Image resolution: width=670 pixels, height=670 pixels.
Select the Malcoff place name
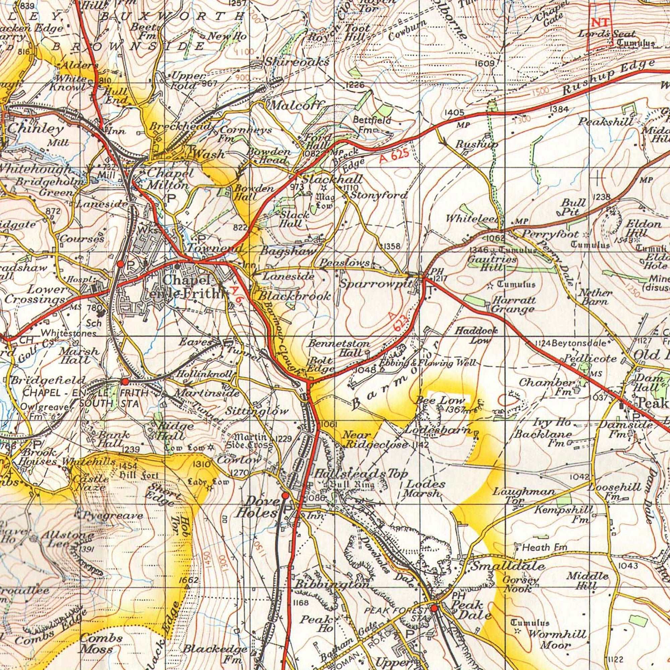click(297, 105)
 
